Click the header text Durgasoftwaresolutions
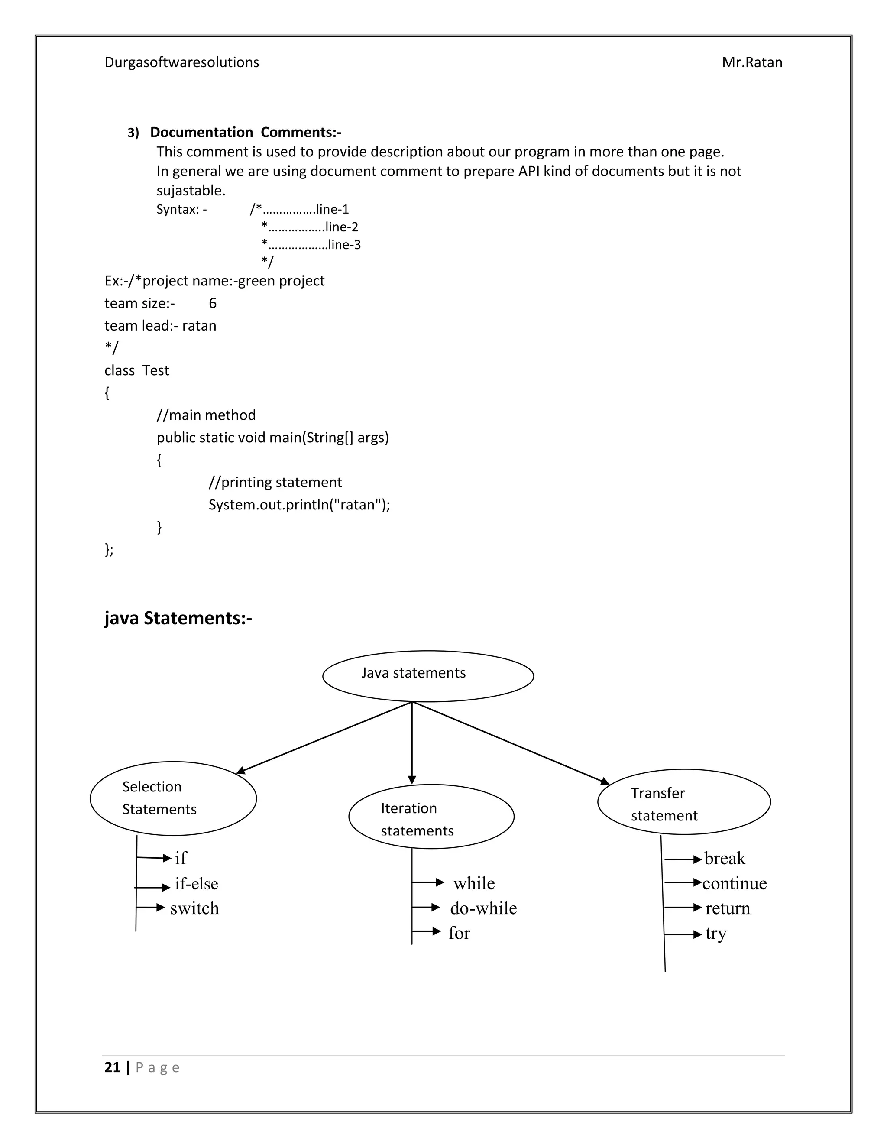181,62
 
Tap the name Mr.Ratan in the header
751,62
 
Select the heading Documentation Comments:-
246,132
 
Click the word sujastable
191,190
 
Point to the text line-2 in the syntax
342,227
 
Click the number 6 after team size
212,303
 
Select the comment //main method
206,415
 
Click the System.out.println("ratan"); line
299,505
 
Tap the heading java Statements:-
178,618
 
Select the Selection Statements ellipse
173,798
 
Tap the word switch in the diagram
194,908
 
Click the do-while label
483,908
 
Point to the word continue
734,884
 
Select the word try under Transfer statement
715,934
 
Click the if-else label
196,884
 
